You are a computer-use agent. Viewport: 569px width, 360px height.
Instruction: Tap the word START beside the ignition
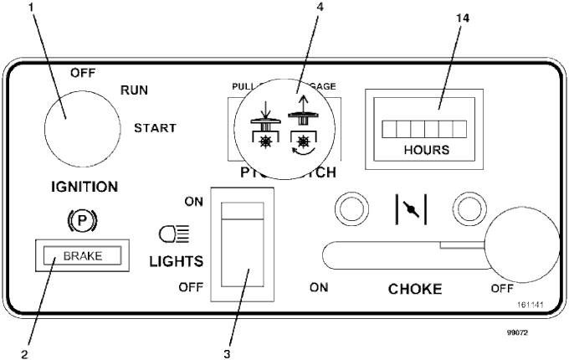tap(156, 128)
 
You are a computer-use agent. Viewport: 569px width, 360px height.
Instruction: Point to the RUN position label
tap(136, 90)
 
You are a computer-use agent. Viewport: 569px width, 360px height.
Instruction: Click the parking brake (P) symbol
tap(81, 222)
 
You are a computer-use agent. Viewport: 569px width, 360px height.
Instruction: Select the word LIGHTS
tap(177, 261)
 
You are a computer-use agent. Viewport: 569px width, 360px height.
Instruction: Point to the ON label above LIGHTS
tap(193, 201)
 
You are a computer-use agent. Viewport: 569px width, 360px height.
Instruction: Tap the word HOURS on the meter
tap(427, 151)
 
